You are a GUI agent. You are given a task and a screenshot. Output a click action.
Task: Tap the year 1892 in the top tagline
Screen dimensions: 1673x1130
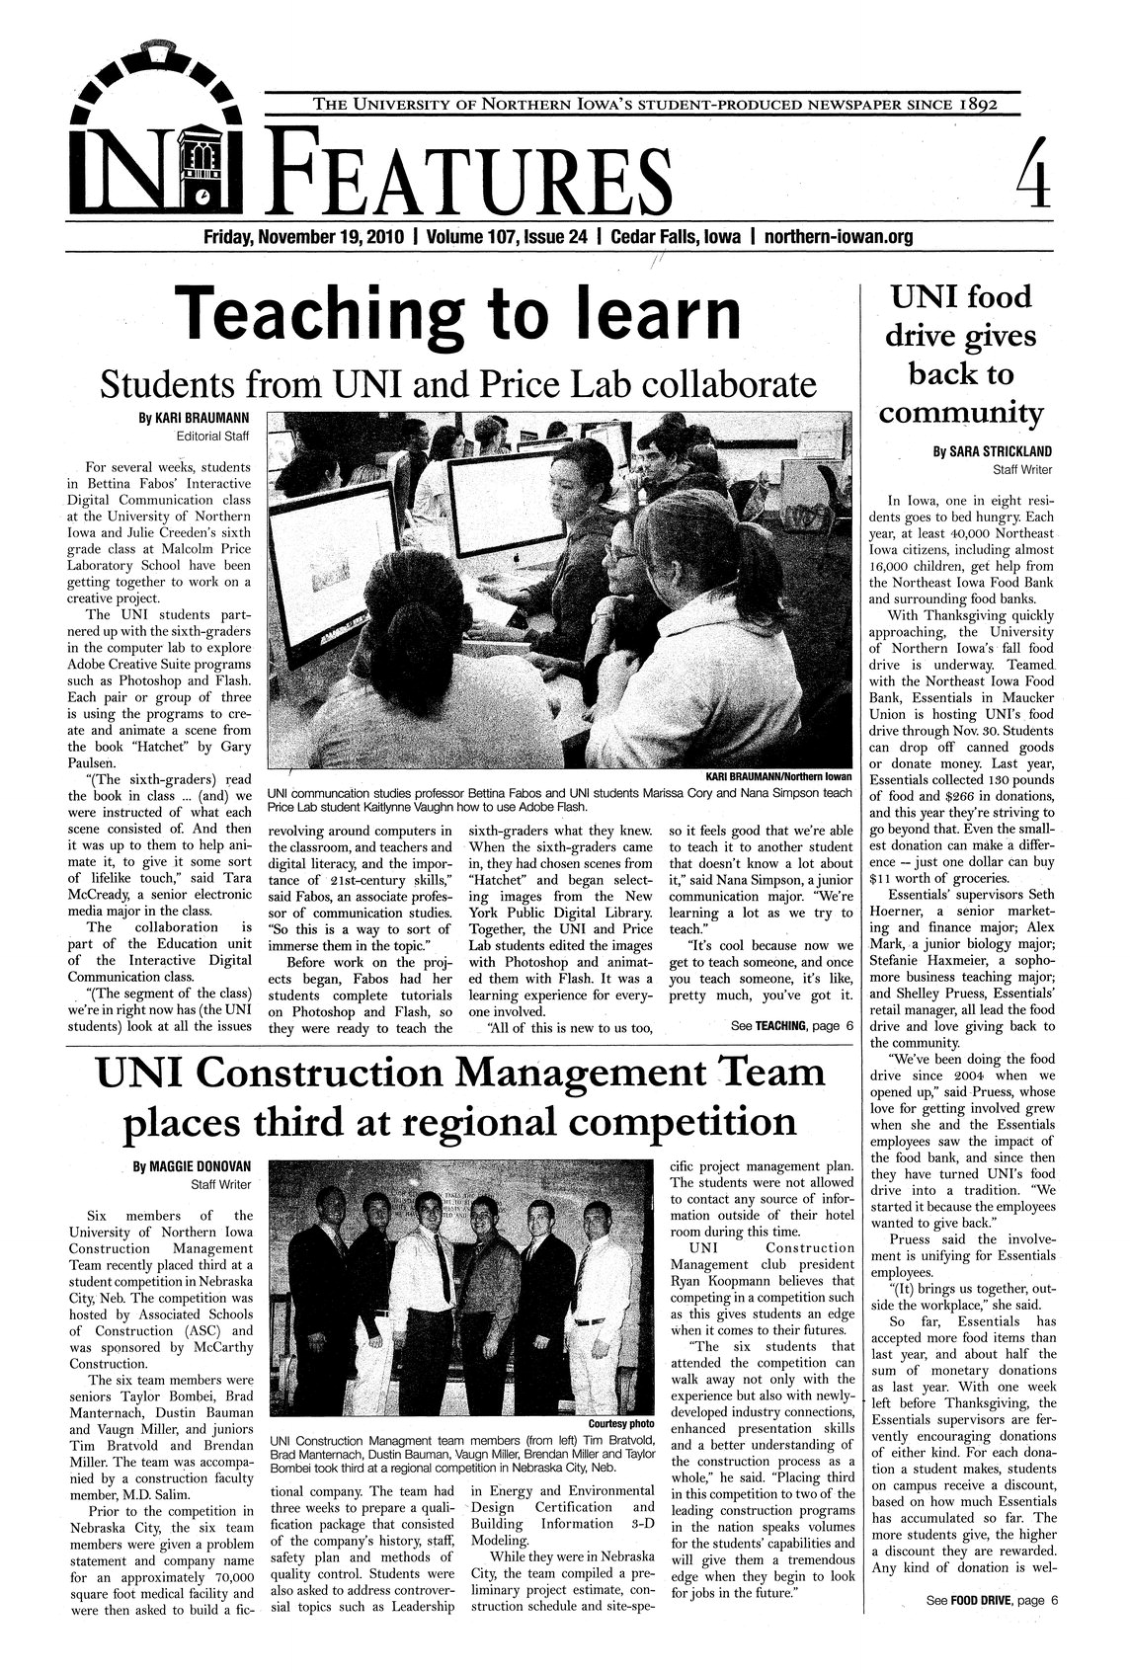[x=967, y=104]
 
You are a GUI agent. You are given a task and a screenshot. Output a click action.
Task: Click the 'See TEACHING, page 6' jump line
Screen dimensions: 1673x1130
[x=788, y=1028]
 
